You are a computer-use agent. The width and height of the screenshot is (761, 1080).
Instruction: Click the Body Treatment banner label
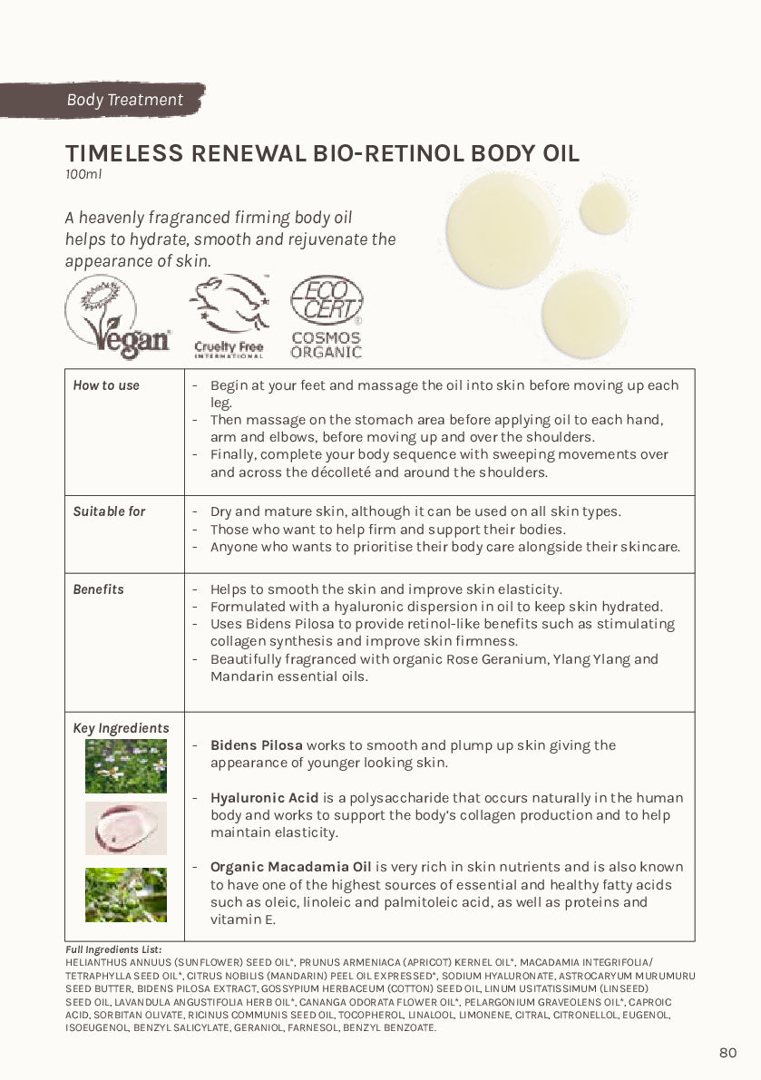click(x=124, y=100)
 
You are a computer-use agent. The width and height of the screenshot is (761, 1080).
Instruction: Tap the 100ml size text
click(x=83, y=174)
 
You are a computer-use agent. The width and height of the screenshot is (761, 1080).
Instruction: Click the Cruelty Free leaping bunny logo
click(x=229, y=316)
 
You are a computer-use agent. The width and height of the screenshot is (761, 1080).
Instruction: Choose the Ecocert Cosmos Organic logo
click(x=327, y=316)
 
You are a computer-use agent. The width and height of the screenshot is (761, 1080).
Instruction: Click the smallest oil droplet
click(x=604, y=207)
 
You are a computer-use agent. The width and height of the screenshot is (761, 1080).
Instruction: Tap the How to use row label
click(x=106, y=385)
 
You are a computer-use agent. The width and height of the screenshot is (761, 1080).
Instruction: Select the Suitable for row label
click(x=109, y=511)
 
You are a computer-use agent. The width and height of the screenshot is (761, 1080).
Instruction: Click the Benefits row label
click(x=98, y=589)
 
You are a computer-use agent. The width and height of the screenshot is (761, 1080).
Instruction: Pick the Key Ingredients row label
click(x=121, y=728)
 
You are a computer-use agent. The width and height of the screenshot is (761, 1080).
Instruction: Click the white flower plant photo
click(x=126, y=766)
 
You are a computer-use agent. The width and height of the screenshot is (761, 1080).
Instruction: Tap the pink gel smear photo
click(x=126, y=828)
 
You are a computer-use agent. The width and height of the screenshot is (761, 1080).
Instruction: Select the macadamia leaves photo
click(x=126, y=895)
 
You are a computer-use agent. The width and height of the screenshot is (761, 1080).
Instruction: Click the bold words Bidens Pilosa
click(x=257, y=745)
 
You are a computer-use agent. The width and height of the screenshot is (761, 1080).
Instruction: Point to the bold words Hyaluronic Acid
click(x=265, y=798)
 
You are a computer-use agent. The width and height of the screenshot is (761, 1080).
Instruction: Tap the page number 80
click(x=727, y=1053)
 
